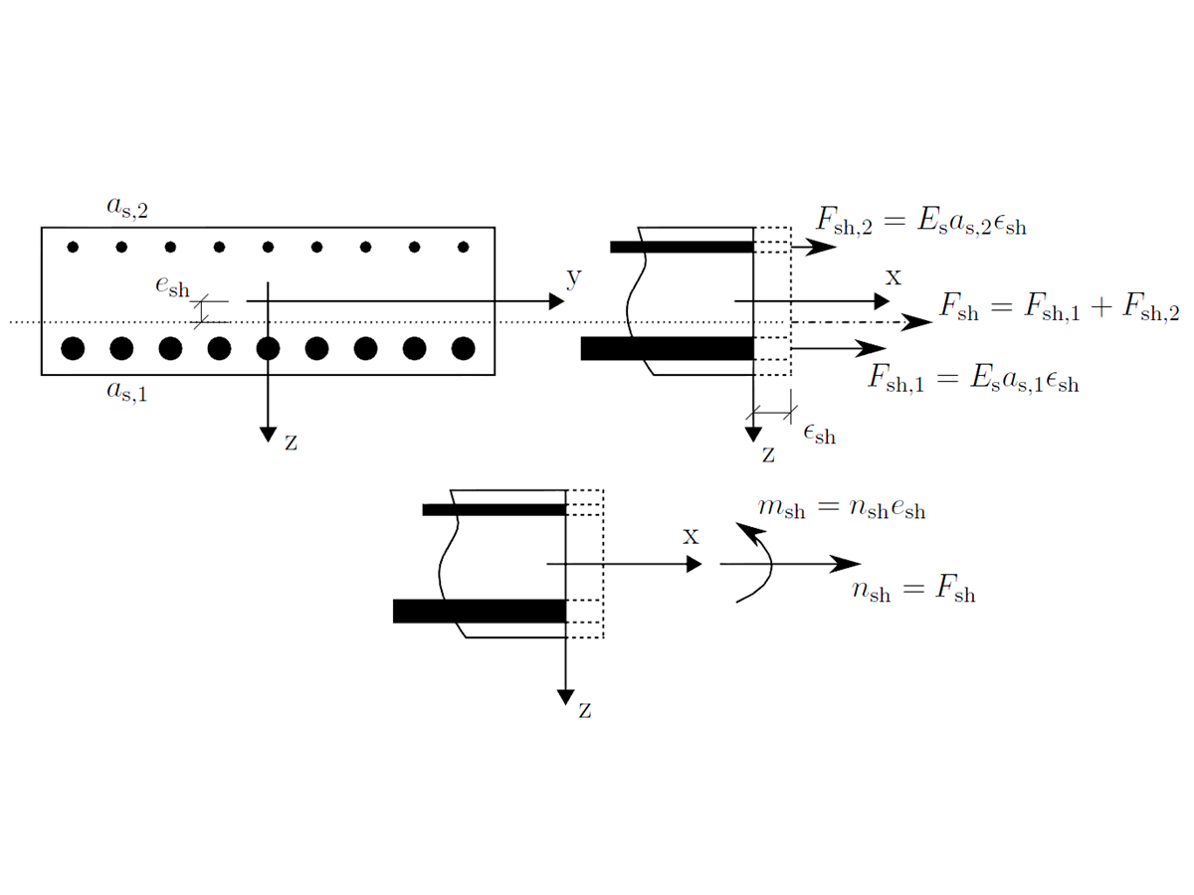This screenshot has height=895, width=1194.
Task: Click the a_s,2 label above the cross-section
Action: [x=126, y=208]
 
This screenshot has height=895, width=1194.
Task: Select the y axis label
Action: [x=573, y=279]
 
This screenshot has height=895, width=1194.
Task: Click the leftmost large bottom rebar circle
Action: [x=73, y=348]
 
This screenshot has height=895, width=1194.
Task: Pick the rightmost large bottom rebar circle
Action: [x=463, y=348]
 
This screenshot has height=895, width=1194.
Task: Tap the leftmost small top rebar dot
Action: [x=73, y=247]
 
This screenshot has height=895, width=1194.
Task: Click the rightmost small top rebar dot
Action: [x=463, y=247]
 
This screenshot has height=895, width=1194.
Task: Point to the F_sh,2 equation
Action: [x=920, y=223]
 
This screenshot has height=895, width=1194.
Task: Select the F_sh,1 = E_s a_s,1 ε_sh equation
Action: [x=973, y=381]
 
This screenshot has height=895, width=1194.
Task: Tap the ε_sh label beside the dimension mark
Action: [x=818, y=433]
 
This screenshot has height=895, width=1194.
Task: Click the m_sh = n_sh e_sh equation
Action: [x=841, y=509]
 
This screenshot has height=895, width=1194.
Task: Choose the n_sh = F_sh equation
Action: [x=913, y=593]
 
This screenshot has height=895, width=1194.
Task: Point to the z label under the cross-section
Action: [x=291, y=443]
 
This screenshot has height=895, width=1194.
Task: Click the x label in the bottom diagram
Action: [x=692, y=536]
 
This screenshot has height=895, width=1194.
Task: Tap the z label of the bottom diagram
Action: [x=586, y=710]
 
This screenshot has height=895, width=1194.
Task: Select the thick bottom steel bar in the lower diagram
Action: [x=479, y=611]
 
